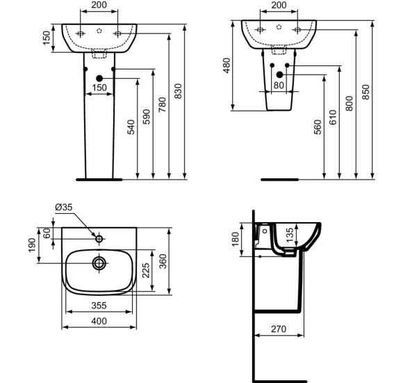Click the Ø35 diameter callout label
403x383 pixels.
click(64, 207)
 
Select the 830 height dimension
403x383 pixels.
click(178, 91)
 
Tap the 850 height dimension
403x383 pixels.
click(365, 92)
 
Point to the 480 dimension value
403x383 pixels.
click(227, 65)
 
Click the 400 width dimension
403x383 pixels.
click(99, 321)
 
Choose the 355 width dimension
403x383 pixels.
click(99, 306)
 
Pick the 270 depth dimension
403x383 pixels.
click(279, 329)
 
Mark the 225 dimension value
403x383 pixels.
click(146, 270)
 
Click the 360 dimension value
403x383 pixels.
click(163, 261)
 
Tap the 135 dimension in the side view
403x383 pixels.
click(290, 235)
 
